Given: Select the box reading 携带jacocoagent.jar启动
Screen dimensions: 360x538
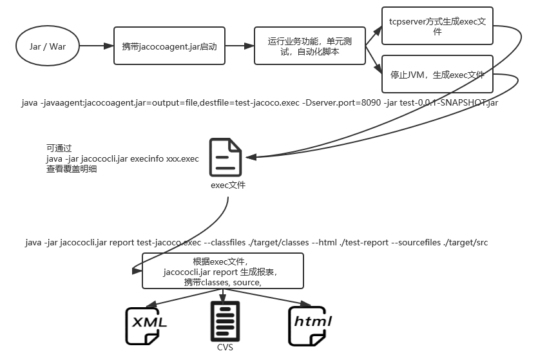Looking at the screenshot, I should click(169, 46).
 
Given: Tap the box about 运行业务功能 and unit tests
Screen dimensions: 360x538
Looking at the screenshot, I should click(309, 46).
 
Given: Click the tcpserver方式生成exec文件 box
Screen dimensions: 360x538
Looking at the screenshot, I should click(437, 26).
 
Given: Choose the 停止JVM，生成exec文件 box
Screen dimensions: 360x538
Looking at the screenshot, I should click(437, 74).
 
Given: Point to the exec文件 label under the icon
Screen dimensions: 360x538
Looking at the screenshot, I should click(227, 185).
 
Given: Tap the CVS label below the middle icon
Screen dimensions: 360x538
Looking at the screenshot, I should click(225, 348).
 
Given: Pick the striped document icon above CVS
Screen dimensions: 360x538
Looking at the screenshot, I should click(225, 321).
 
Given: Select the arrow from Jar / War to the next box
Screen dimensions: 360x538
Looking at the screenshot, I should click(97, 46).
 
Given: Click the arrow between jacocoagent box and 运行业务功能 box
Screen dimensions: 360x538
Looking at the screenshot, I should click(240, 46).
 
